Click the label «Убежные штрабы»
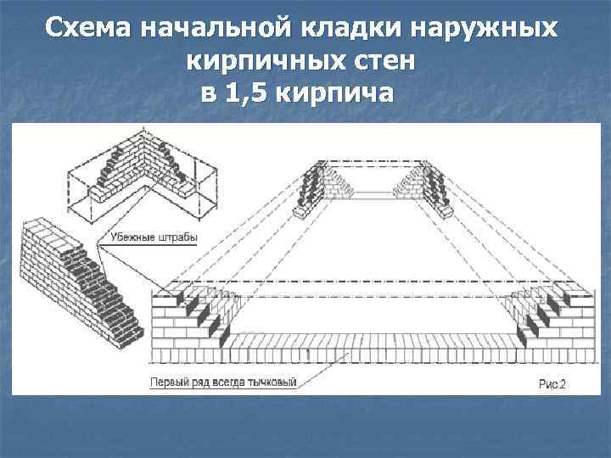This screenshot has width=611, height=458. tap(152, 237)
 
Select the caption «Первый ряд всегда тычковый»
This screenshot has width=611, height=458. tap(223, 383)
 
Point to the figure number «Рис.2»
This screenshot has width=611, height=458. tap(552, 384)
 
